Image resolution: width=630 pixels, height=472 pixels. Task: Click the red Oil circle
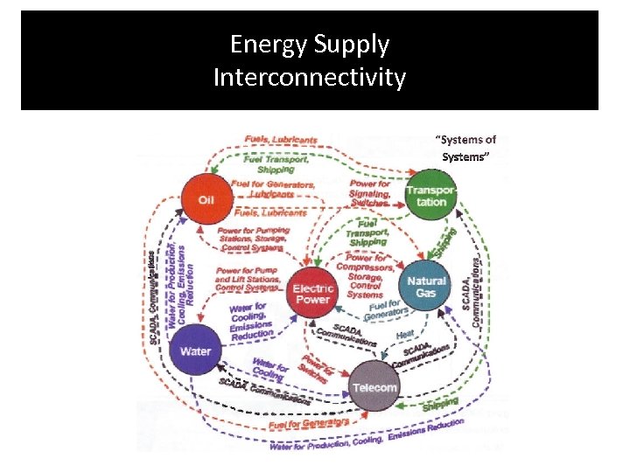206,198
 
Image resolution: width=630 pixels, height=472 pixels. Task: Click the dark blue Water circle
195,351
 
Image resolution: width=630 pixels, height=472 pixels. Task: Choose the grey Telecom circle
374,386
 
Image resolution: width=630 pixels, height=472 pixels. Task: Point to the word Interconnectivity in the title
310,78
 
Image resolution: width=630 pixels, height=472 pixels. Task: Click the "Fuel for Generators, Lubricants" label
273,190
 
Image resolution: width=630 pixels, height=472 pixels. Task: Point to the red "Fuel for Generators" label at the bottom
309,422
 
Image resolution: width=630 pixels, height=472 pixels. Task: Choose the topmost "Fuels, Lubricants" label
281,139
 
